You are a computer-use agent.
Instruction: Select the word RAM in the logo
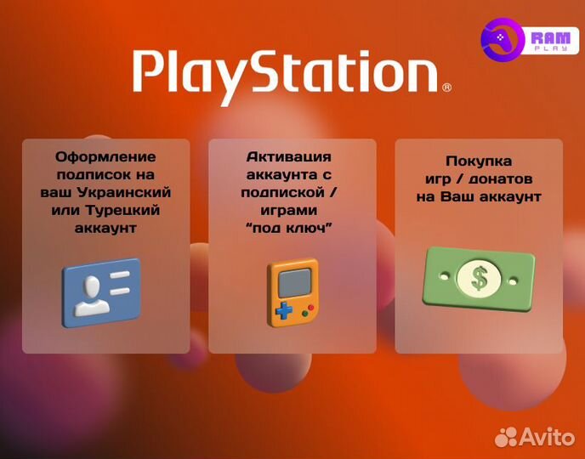549,37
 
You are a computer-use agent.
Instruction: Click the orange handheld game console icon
292,292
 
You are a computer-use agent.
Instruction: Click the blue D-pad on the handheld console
281,309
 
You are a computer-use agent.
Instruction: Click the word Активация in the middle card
288,157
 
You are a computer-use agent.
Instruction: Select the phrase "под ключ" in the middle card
288,228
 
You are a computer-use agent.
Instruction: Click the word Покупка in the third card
479,161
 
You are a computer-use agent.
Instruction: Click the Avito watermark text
548,437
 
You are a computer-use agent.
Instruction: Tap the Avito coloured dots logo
507,437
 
